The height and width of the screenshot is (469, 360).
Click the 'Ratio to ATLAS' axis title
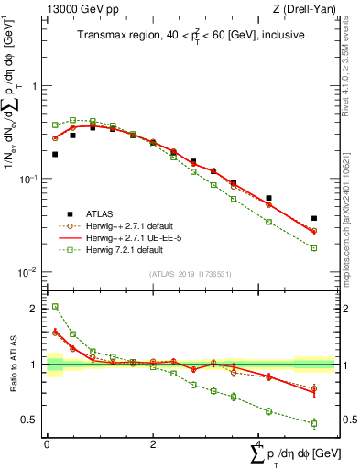tap(13, 365)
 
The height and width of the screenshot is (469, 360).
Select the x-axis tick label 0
tap(47, 443)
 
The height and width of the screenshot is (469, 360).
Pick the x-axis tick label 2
tap(153, 443)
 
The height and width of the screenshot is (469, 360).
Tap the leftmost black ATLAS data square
tap(55, 154)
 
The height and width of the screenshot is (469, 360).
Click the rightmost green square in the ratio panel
tap(314, 423)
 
